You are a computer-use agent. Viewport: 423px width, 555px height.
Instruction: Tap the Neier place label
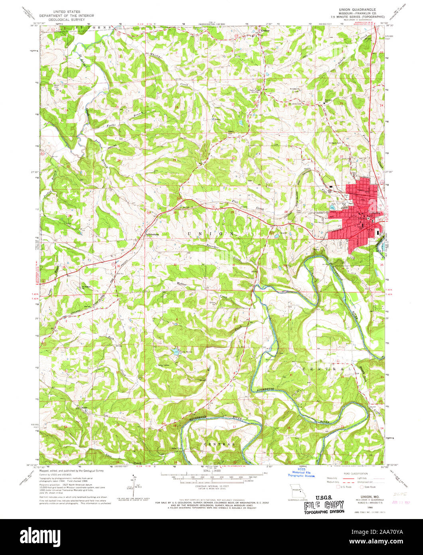tap(84, 407)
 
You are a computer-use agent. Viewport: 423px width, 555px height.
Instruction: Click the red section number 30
tap(175, 212)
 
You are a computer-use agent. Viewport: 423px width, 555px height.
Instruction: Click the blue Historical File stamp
tap(302, 474)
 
